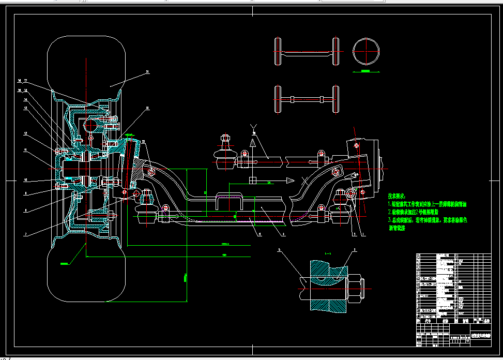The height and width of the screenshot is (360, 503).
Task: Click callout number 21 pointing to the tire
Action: (x=147, y=72)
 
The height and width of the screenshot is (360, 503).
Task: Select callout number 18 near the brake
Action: (x=147, y=108)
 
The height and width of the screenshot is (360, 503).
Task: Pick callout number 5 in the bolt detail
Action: (x=279, y=250)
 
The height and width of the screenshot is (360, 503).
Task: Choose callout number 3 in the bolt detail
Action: (x=355, y=250)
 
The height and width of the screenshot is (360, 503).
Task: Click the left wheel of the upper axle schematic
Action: (x=278, y=52)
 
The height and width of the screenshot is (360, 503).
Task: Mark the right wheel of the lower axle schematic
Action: (x=336, y=99)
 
